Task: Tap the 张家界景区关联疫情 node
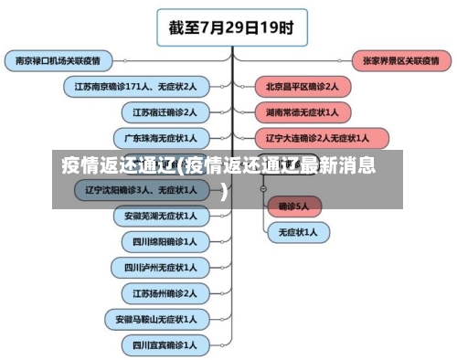(x=400, y=60)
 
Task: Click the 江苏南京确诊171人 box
(x=135, y=87)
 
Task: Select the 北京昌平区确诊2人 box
(x=303, y=87)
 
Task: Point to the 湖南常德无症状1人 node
(x=303, y=112)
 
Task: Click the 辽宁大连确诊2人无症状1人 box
(x=317, y=138)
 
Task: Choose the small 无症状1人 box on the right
(x=299, y=232)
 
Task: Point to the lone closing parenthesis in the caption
(x=226, y=192)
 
